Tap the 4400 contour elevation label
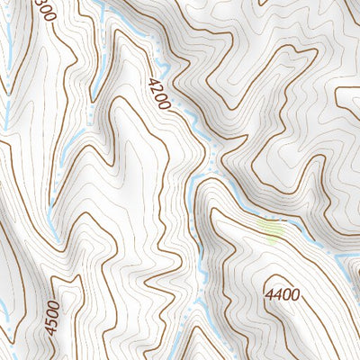click(x=283, y=294)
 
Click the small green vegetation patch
click(x=271, y=230)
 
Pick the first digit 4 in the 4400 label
click(x=269, y=294)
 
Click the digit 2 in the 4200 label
click(x=156, y=87)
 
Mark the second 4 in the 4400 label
click(x=278, y=294)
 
